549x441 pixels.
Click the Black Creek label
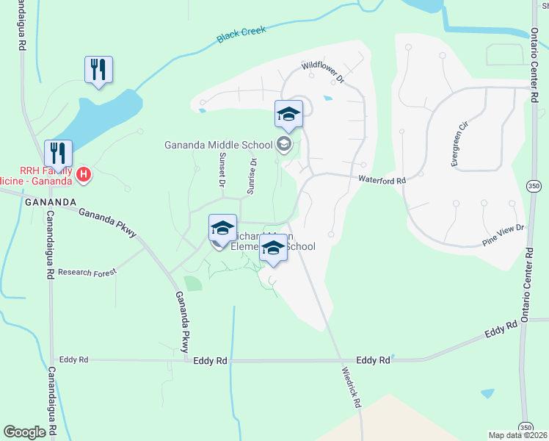(241, 34)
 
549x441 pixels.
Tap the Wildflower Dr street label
(324, 72)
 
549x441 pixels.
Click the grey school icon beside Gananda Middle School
(285, 145)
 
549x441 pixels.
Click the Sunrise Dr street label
(251, 176)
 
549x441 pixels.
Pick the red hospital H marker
(84, 175)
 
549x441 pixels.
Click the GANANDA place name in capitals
(51, 202)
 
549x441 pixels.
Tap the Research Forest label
(87, 271)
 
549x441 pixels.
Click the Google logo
(25, 432)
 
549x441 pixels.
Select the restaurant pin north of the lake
(98, 71)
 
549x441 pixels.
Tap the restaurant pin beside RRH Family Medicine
(58, 154)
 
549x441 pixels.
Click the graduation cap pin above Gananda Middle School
(288, 115)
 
